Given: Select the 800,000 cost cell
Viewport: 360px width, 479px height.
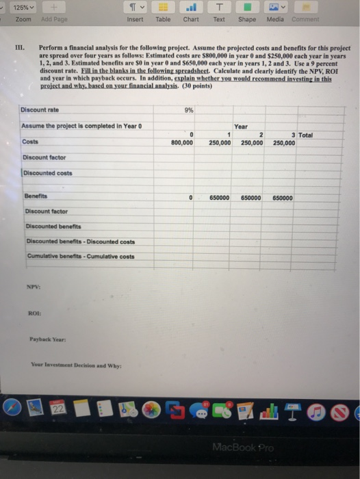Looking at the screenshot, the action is [183, 143].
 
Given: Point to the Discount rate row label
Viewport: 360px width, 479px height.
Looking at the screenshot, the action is [40, 110].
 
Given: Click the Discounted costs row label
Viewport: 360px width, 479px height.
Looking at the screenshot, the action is [46, 172].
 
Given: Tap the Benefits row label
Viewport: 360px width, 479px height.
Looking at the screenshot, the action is [34, 196].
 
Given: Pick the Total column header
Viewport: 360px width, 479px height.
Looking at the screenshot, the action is [305, 135].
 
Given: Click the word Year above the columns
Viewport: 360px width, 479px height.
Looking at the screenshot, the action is [241, 127].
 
